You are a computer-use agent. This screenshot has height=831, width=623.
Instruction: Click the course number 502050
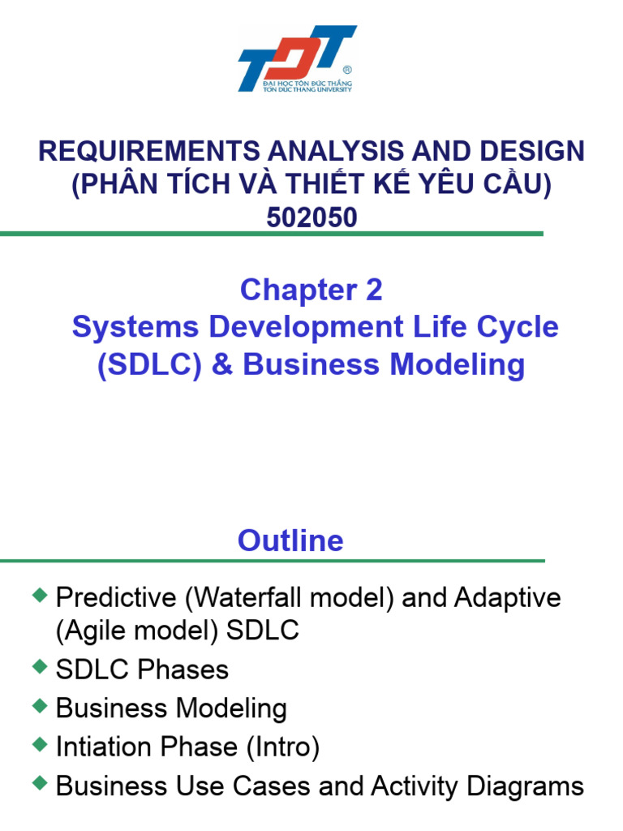click(x=312, y=217)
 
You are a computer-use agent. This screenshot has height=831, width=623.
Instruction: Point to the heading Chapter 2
click(x=311, y=290)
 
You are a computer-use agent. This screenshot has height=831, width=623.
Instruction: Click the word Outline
click(x=290, y=540)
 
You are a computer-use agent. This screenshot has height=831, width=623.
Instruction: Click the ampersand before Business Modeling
click(x=221, y=364)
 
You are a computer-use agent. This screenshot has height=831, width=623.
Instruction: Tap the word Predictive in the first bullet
click(x=117, y=598)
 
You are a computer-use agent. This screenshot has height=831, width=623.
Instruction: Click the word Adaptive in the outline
click(x=508, y=598)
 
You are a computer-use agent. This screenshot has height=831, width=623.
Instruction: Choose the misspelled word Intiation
click(x=102, y=747)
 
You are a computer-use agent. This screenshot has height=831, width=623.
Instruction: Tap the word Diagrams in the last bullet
click(x=528, y=786)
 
